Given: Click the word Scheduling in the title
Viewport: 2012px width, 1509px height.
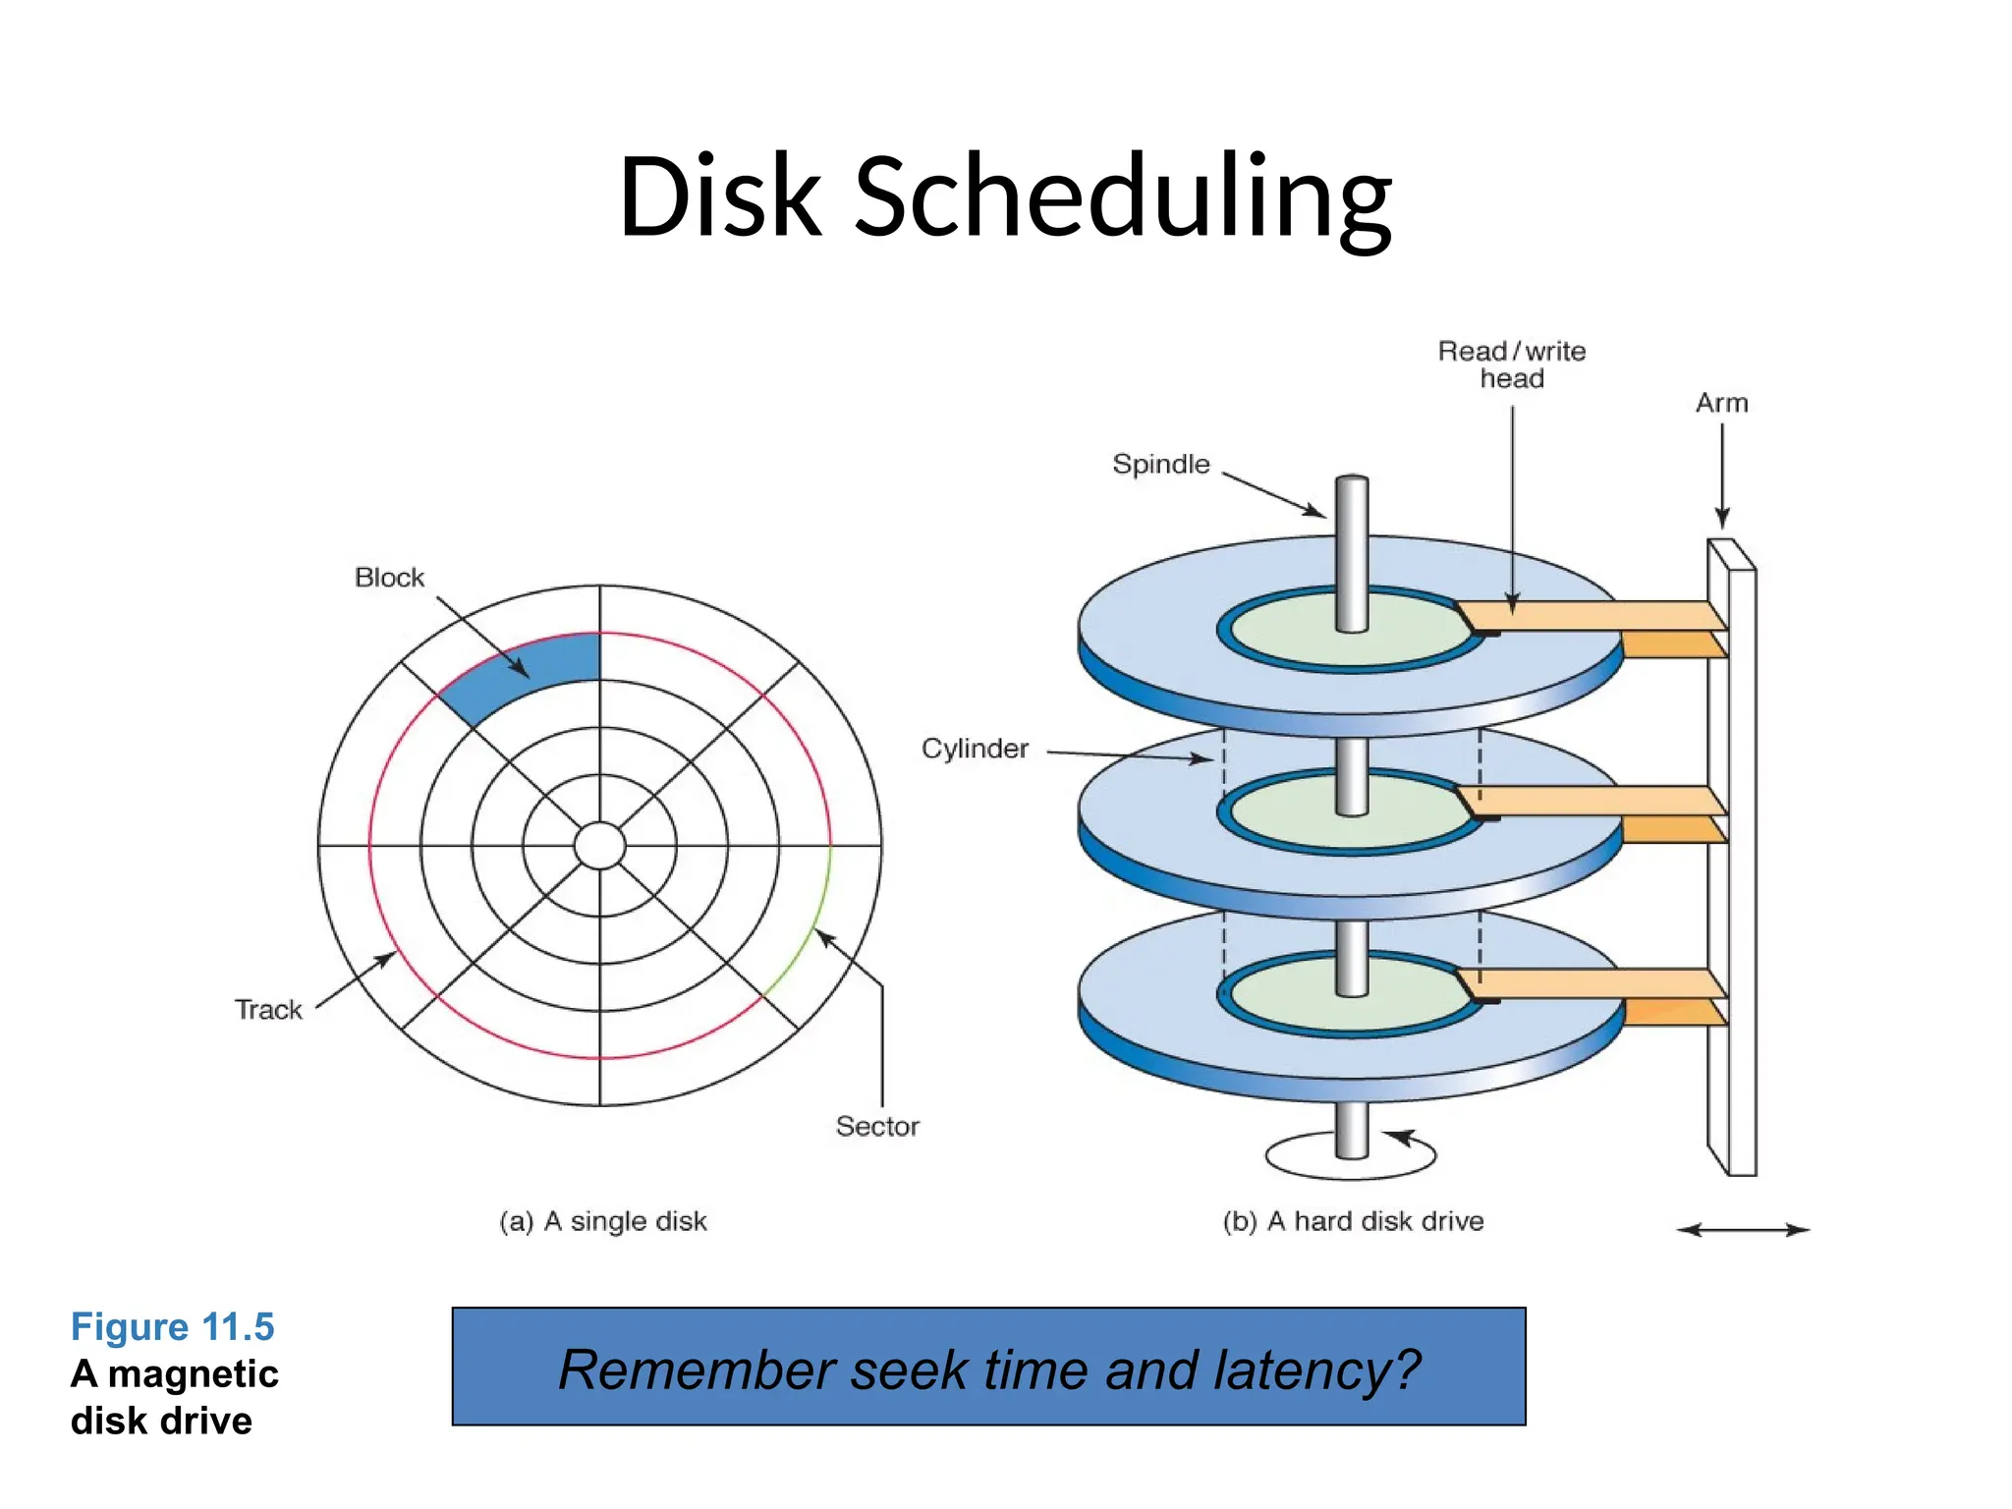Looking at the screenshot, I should pyautogui.click(x=1122, y=196).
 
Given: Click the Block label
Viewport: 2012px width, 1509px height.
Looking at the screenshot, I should pyautogui.click(x=389, y=578).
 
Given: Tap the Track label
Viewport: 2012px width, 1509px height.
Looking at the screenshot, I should pyautogui.click(x=268, y=1010).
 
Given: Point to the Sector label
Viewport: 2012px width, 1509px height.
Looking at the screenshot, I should pyautogui.click(x=877, y=1127).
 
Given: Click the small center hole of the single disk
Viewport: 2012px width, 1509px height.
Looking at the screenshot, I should pyautogui.click(x=599, y=845).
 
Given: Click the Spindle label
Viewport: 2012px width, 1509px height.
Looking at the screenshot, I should pyautogui.click(x=1160, y=464).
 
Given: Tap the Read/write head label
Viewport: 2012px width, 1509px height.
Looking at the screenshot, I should pyautogui.click(x=1511, y=364).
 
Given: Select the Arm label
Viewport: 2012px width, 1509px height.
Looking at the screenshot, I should pyautogui.click(x=1721, y=403).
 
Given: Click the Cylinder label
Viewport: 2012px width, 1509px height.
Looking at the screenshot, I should pyautogui.click(x=975, y=749).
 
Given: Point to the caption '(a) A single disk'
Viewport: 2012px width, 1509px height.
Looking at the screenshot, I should pyautogui.click(x=603, y=1221).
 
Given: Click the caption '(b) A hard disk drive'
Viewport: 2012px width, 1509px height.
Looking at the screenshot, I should pyautogui.click(x=1353, y=1221).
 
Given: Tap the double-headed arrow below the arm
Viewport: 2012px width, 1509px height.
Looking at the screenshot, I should pyautogui.click(x=1743, y=1230).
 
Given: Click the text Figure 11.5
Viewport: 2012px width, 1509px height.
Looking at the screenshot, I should pyautogui.click(x=172, y=1327).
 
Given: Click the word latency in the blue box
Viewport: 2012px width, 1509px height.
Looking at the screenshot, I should pyautogui.click(x=1305, y=1370).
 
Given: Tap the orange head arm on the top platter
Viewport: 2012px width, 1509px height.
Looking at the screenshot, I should pyautogui.click(x=1592, y=616).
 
